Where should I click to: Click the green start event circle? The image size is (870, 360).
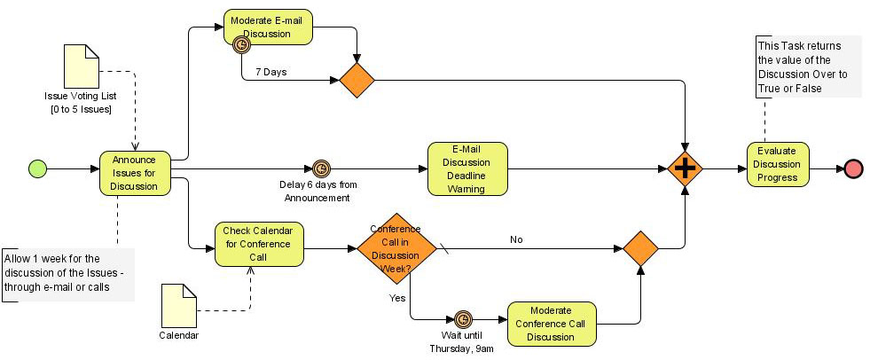[x=38, y=168]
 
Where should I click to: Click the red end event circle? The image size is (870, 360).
[x=854, y=168]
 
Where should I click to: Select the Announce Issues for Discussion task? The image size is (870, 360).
[x=135, y=173]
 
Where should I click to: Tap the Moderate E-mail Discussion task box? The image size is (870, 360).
[x=269, y=27]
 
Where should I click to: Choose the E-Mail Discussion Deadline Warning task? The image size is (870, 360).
[x=467, y=168]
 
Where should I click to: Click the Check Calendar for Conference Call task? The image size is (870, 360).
[x=259, y=244]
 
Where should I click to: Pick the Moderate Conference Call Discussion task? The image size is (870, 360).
[x=553, y=324]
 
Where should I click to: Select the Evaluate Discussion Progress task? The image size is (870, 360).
[x=778, y=164]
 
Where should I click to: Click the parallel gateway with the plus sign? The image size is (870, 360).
[x=685, y=168]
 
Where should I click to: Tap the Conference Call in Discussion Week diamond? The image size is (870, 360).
[x=396, y=249]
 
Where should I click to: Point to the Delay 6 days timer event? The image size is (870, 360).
[x=321, y=168]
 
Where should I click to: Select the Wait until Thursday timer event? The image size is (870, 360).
[x=463, y=319]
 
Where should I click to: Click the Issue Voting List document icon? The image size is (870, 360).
[x=82, y=66]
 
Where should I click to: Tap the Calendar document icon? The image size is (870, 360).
[x=178, y=306]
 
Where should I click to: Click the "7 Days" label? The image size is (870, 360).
[x=270, y=72]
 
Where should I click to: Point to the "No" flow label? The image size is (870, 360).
[x=516, y=239]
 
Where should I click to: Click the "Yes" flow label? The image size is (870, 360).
[x=396, y=298]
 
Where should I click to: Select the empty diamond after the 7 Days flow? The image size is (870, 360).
[x=357, y=80]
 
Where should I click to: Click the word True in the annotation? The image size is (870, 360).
[x=768, y=88]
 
